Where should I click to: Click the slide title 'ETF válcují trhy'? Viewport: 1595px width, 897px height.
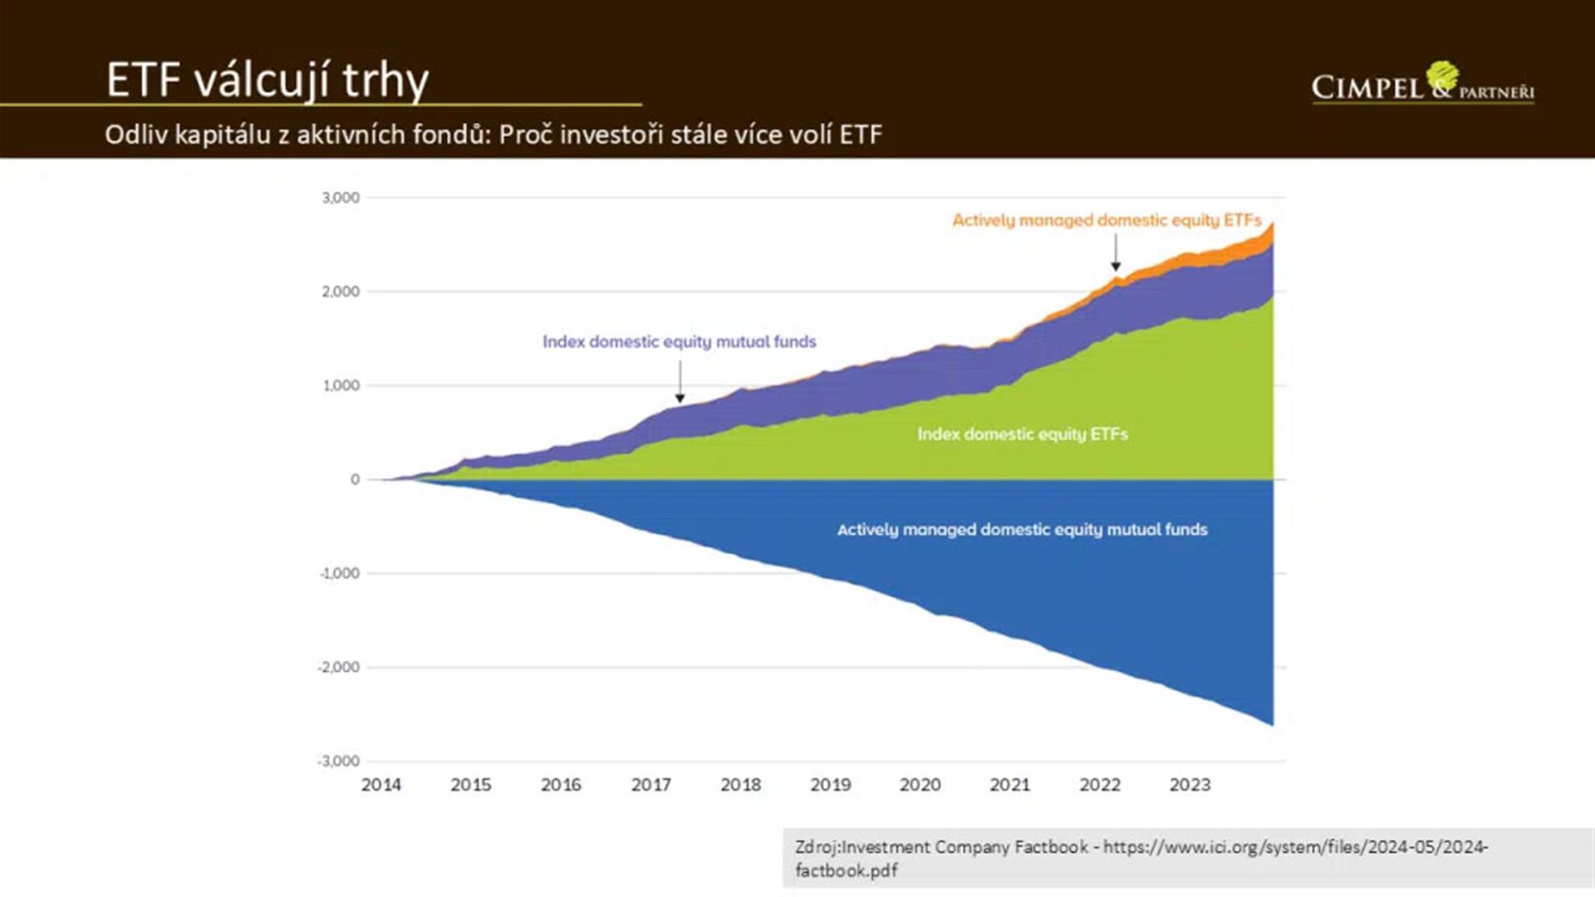267,81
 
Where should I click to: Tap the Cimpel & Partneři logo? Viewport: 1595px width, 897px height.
1422,85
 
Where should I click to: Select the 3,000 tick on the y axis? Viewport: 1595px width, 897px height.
341,198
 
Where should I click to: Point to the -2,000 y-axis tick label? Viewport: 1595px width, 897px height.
338,667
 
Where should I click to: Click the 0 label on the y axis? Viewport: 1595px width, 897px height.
355,479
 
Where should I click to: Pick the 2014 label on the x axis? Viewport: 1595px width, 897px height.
380,785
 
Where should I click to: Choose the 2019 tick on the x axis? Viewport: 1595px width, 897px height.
830,785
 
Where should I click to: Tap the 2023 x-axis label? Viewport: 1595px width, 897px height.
1190,785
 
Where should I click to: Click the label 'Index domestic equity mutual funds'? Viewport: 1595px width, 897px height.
679,341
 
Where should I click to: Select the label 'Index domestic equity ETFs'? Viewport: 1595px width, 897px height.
1022,434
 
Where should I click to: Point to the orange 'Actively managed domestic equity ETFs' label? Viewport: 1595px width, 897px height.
1107,220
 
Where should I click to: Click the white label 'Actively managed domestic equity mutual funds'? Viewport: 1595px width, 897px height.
1022,529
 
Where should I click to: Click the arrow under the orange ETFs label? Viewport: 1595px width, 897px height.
1116,252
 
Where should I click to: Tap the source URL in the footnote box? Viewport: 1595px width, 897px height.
1295,848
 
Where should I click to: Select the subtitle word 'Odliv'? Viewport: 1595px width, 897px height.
136,135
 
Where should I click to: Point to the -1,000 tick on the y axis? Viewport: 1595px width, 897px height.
339,573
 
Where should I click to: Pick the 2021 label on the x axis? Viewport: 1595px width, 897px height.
1009,785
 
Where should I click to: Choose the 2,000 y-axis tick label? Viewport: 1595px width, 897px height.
341,292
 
